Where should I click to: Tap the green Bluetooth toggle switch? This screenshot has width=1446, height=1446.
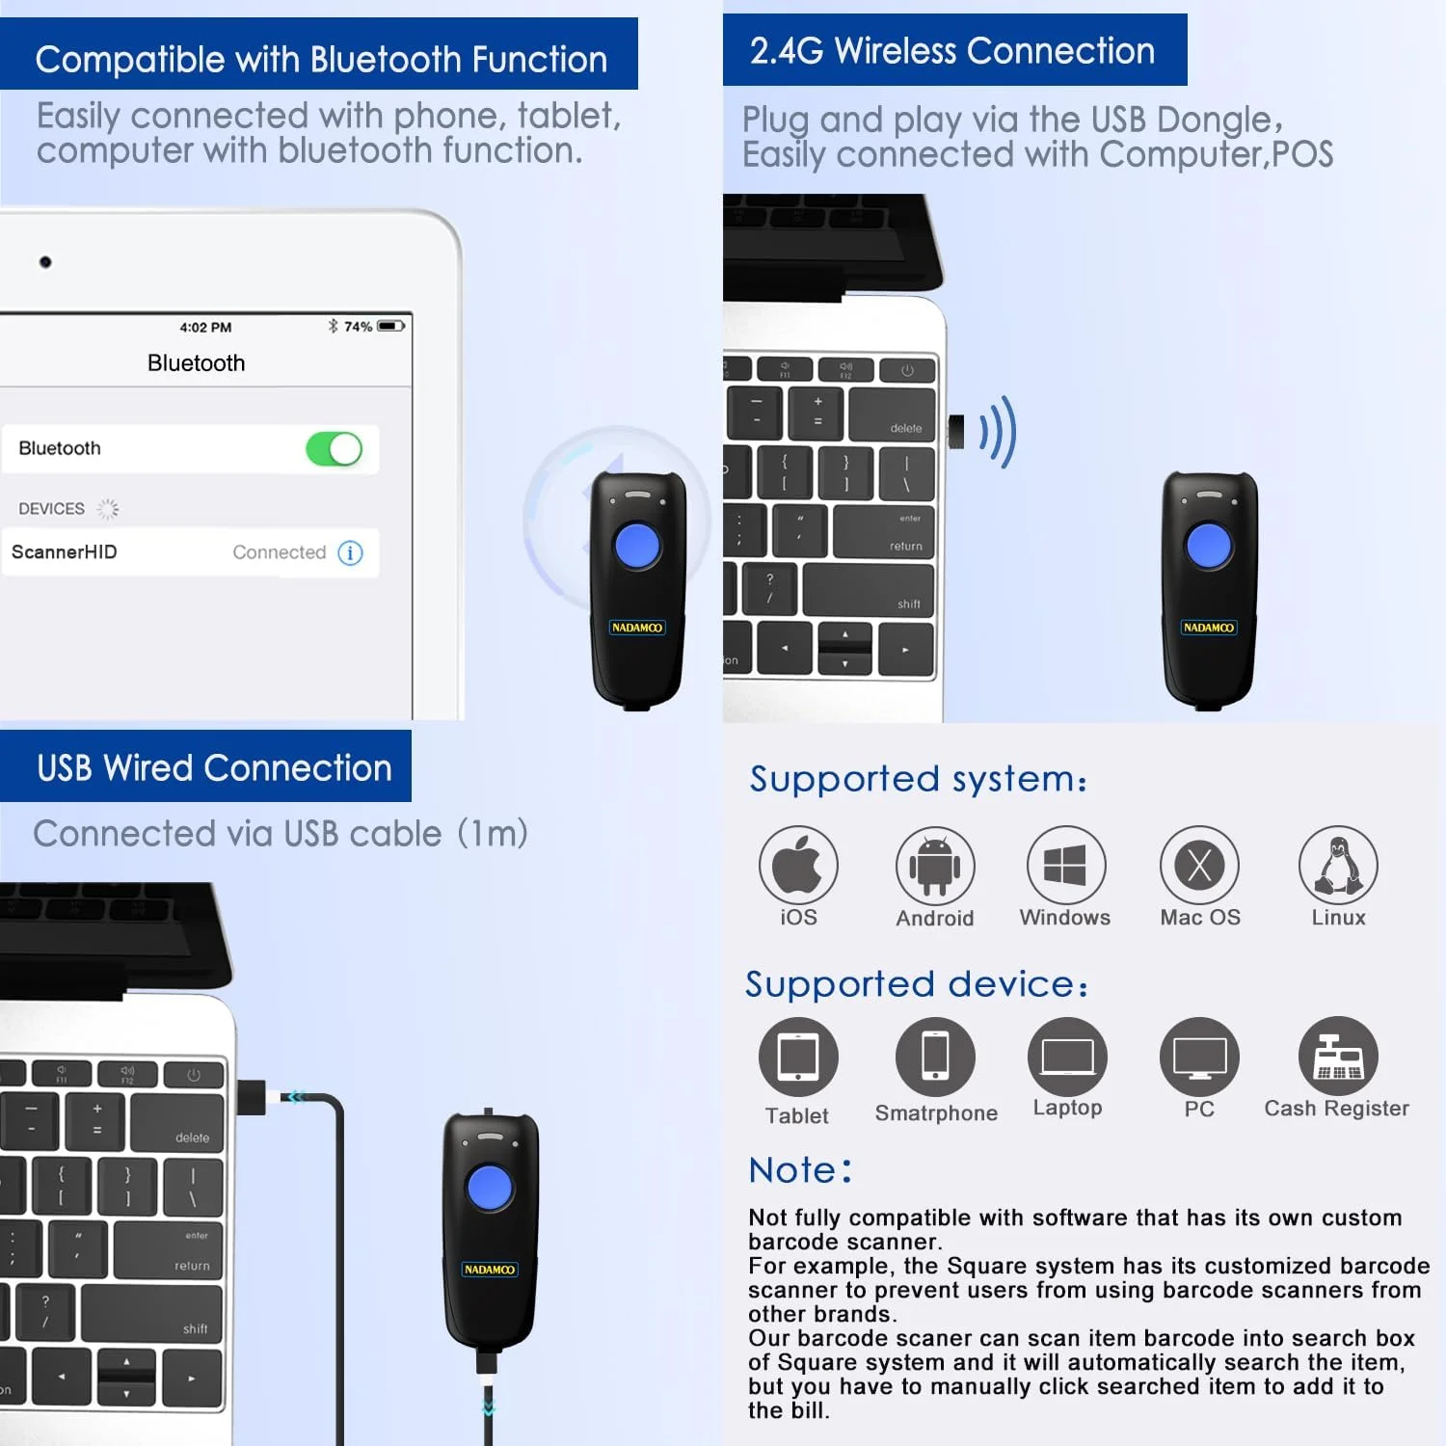point(334,449)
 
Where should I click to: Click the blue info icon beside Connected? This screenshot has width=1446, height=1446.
point(350,552)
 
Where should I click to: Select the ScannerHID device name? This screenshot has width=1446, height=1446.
point(65,552)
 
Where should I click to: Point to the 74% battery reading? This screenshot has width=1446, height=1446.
point(358,327)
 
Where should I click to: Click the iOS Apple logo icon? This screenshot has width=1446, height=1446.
point(797,865)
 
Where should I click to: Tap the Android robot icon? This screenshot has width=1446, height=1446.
point(934,866)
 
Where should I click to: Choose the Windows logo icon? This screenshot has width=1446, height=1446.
point(1065,865)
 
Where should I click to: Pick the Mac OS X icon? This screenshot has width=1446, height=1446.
point(1199,865)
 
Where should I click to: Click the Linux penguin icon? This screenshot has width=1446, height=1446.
point(1337,865)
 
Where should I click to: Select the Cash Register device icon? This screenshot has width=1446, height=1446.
point(1337,1057)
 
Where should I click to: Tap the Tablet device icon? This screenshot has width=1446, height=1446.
point(797,1057)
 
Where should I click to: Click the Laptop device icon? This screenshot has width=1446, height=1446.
point(1067,1057)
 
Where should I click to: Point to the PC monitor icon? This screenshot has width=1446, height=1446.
point(1199,1057)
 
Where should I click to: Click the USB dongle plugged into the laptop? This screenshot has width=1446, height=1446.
point(956,432)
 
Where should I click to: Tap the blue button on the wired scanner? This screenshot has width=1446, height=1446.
point(490,1187)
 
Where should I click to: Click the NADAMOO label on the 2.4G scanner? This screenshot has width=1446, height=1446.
point(1208,628)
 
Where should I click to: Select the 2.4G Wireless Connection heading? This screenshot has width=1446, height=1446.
point(952,51)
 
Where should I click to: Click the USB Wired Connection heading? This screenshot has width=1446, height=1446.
point(214,768)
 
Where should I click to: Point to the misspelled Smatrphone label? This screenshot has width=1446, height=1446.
point(936,1113)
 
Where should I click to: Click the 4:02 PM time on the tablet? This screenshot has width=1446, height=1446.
point(205,328)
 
